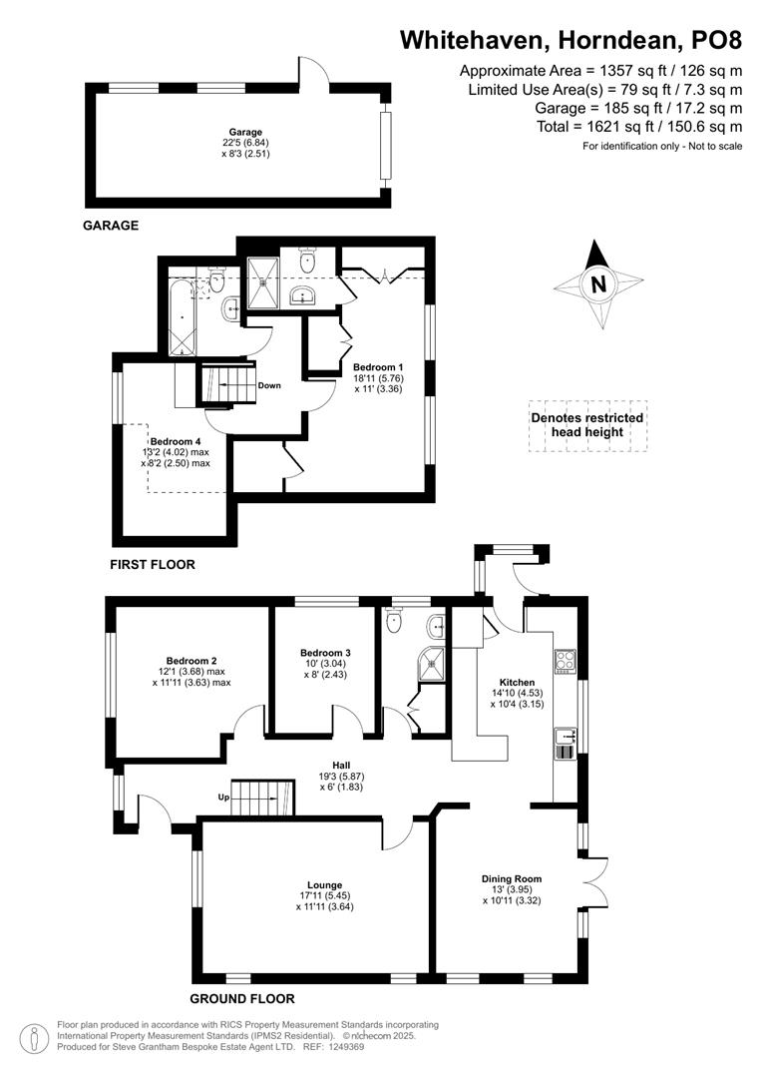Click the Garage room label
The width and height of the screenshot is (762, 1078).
tap(245, 132)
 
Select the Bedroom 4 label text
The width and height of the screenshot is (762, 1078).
tap(176, 441)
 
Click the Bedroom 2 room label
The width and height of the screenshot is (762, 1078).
tap(191, 661)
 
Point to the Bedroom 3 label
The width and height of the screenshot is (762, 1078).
tap(325, 653)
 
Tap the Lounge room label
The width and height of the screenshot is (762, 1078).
tap(325, 884)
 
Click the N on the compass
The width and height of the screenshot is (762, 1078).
tap(598, 284)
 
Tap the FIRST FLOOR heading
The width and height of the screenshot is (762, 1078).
tap(153, 564)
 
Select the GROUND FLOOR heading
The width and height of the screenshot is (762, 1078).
tap(242, 998)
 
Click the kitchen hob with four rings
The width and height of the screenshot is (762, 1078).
tap(565, 661)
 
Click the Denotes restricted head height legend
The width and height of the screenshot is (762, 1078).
tap(586, 424)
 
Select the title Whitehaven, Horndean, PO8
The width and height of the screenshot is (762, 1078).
tap(571, 40)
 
